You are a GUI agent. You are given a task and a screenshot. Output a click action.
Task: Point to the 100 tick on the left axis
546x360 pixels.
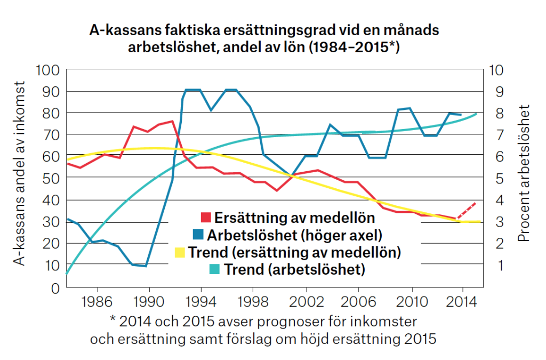49,70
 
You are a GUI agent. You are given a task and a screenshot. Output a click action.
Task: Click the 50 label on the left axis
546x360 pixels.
52,179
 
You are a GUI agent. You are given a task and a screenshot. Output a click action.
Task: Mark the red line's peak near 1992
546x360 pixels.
172,121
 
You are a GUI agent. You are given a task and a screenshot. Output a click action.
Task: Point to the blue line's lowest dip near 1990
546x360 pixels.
145,266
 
